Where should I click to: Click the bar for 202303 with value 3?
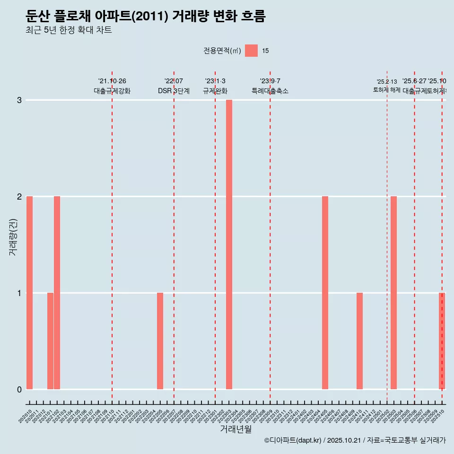pos(229,244)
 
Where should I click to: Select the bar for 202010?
pos(29,293)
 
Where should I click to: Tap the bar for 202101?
pos(50,341)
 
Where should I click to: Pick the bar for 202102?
pos(57,293)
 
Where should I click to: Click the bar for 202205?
pos(160,341)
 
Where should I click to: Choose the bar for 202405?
pos(325,293)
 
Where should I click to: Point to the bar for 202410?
pos(359,341)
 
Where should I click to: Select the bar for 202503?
pos(393,293)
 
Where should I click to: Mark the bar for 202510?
pos(442,341)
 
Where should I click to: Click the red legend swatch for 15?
pos(251,51)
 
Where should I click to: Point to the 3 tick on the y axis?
pos(19,100)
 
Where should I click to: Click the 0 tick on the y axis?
pos(19,389)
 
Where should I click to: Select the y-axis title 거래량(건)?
pos(13,236)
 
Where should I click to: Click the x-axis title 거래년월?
pos(236,429)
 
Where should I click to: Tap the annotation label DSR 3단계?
pos(174,91)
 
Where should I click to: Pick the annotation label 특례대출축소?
pos(270,91)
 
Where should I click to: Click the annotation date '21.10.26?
pos(112,81)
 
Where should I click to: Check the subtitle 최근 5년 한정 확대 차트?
pos(69,31)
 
